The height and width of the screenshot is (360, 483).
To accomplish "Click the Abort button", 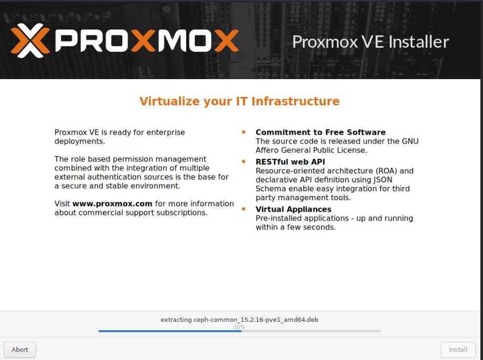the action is (x=20, y=350).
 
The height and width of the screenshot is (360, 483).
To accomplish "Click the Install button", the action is (x=458, y=350).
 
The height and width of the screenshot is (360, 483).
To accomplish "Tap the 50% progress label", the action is (x=239, y=327).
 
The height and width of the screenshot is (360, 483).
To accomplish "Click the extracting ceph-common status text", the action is (x=239, y=319).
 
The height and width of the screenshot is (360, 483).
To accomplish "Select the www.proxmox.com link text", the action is (x=112, y=204).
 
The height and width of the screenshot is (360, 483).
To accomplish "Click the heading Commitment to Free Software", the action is (x=320, y=132).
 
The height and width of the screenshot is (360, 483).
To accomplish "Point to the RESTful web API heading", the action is (x=290, y=162).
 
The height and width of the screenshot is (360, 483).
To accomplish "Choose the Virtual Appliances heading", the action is (x=294, y=209).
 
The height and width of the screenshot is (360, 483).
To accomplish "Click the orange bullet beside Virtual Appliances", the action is (x=244, y=209).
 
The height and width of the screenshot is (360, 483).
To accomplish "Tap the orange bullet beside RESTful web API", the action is (x=244, y=161).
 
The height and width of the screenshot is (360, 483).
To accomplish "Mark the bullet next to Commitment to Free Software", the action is (x=244, y=132).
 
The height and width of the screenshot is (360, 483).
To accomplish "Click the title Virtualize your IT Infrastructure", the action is (x=239, y=101).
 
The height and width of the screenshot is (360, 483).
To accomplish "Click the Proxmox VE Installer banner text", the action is (x=371, y=42).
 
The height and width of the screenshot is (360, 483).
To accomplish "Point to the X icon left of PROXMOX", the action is (x=30, y=41).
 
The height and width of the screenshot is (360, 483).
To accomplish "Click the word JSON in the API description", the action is (x=383, y=180).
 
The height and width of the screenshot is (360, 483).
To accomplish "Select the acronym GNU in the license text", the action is (x=410, y=141).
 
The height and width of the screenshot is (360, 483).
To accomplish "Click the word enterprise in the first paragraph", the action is (x=166, y=133).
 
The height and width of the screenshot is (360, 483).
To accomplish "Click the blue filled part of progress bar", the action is (x=170, y=331).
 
